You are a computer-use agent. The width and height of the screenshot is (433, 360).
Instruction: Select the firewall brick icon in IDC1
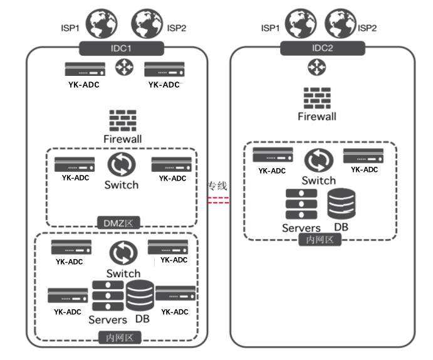point(122,120)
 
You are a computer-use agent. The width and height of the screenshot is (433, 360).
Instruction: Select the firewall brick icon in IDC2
point(316,98)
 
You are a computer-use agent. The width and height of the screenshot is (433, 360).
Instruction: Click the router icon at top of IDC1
point(122,68)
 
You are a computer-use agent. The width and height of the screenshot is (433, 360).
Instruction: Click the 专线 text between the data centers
point(217,186)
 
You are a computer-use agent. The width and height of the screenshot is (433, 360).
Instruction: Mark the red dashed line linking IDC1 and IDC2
point(218,200)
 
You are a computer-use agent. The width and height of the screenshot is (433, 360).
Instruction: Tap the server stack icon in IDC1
point(108,295)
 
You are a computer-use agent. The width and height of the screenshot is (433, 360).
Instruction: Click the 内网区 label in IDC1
point(121,339)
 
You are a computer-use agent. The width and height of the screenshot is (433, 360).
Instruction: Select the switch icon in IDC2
point(319,161)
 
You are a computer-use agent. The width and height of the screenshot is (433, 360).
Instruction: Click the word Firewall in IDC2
point(317,117)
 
